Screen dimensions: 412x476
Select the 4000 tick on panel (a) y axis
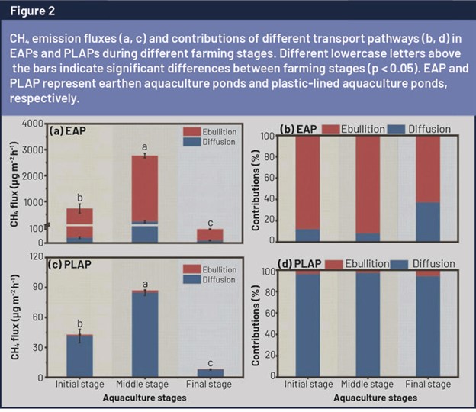(33, 124)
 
